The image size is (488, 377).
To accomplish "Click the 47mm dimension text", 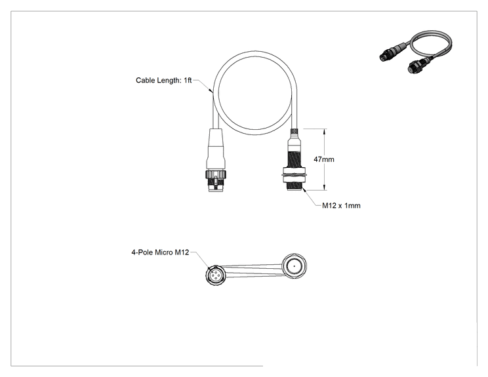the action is point(323,159).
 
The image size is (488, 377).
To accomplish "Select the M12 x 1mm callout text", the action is point(341,206).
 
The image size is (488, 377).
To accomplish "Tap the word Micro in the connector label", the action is point(163,252).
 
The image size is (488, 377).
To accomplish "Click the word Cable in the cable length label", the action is point(146,80).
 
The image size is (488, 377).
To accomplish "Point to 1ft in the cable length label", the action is point(188,80).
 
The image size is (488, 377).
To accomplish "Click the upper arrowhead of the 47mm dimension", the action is point(325,132).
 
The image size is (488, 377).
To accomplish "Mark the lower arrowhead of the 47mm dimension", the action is point(325,187).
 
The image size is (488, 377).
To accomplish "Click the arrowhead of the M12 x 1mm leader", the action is point(304,190).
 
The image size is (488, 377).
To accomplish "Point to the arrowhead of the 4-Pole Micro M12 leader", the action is point(209,267).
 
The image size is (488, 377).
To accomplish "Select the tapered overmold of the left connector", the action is point(216,148).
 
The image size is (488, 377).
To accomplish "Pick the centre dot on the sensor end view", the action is point(294,266).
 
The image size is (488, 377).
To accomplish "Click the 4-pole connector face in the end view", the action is point(214,275).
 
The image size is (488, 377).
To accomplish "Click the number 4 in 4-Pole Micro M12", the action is point(134,252).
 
